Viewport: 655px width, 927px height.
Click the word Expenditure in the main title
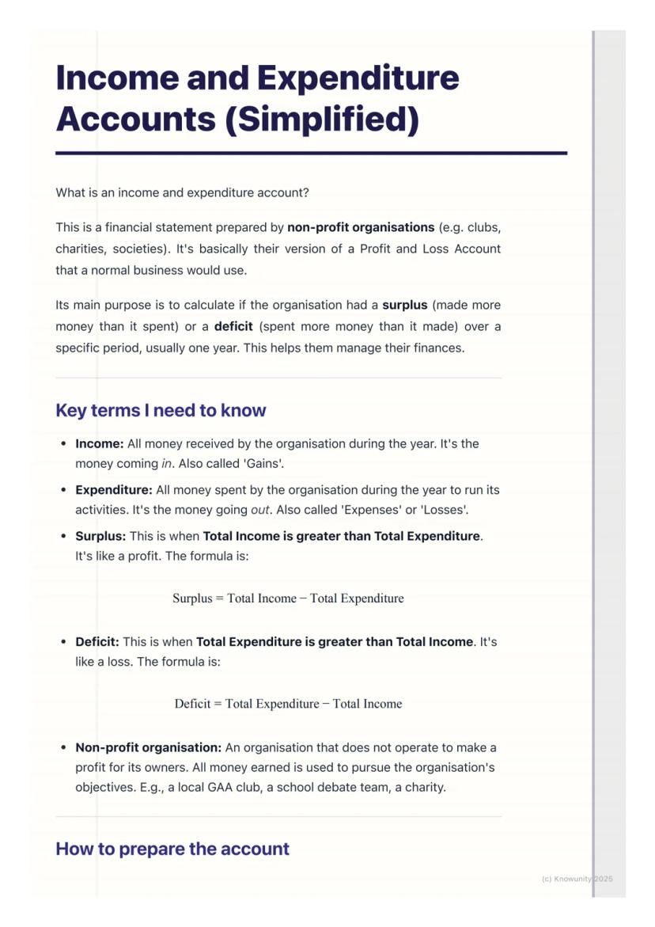(x=358, y=78)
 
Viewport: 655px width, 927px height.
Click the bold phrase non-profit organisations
(x=361, y=227)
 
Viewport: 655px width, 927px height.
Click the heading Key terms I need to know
(x=161, y=410)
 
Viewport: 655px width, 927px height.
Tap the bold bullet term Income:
(x=99, y=443)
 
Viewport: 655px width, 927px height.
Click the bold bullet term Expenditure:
(x=113, y=490)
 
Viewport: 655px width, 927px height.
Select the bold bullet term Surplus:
(x=100, y=536)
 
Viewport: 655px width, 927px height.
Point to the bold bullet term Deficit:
(x=97, y=642)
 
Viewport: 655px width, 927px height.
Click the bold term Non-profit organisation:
(x=148, y=747)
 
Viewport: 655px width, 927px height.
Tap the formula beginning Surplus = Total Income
(x=288, y=598)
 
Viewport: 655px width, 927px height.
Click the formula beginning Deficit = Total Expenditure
(x=288, y=704)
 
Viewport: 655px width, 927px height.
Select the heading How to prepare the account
(x=172, y=849)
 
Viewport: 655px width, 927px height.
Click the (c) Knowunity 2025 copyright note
(x=577, y=879)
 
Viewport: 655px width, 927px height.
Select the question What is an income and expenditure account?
(x=182, y=192)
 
